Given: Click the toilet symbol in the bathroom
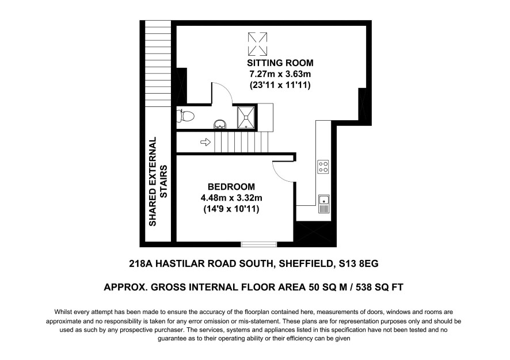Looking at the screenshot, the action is [x=185, y=116].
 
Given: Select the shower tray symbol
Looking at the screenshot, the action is [x=246, y=117].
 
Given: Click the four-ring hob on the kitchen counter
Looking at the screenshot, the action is [x=323, y=167].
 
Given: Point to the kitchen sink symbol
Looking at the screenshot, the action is [x=324, y=204].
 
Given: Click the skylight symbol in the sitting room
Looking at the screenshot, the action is [x=258, y=44].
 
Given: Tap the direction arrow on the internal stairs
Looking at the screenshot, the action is [x=205, y=142].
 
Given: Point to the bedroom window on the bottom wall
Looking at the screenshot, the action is [x=259, y=244].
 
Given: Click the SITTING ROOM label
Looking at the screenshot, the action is [x=280, y=63].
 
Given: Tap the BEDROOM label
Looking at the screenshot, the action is [x=231, y=187].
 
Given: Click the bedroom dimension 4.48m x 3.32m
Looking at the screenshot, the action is [x=231, y=198].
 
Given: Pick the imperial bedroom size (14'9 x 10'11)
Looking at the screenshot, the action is [x=231, y=209].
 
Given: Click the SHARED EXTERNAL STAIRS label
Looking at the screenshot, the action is [x=158, y=181].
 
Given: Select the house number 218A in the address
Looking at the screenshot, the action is [x=141, y=263].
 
